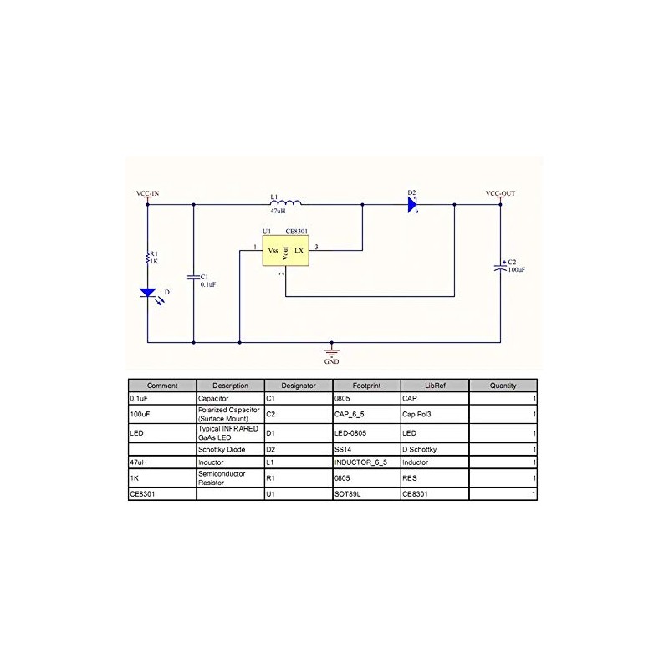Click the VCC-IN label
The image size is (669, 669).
(147, 193)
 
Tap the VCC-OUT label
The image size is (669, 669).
(500, 193)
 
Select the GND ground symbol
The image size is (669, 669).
(332, 352)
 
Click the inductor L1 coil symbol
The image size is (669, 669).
(286, 202)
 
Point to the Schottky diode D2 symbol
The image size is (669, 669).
(412, 203)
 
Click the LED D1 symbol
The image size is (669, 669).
(148, 294)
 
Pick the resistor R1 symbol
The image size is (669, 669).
(148, 258)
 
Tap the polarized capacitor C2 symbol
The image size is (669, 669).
(500, 268)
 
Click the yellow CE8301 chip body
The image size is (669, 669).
(284, 250)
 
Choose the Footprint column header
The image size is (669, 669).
(366, 386)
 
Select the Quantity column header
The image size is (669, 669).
(503, 386)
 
